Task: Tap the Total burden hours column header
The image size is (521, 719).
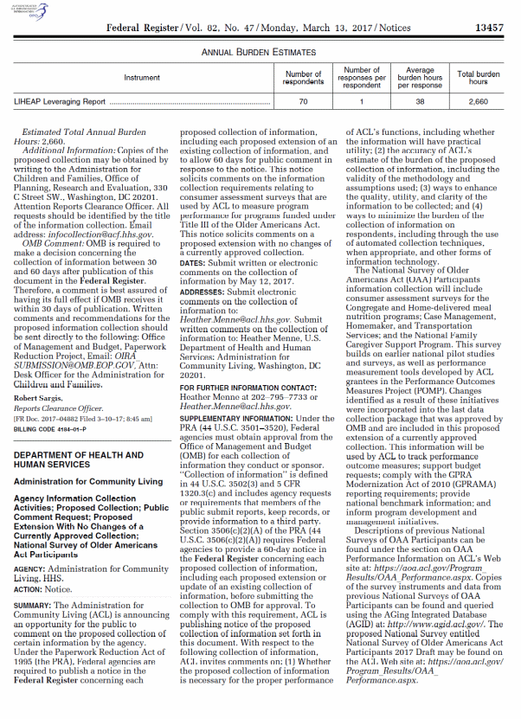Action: [x=479, y=78]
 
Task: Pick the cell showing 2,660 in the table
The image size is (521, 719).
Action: [x=479, y=102]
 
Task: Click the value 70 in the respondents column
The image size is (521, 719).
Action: [x=303, y=102]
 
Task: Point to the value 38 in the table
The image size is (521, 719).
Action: [x=420, y=102]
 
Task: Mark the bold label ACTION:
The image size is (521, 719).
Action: [x=29, y=588]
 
